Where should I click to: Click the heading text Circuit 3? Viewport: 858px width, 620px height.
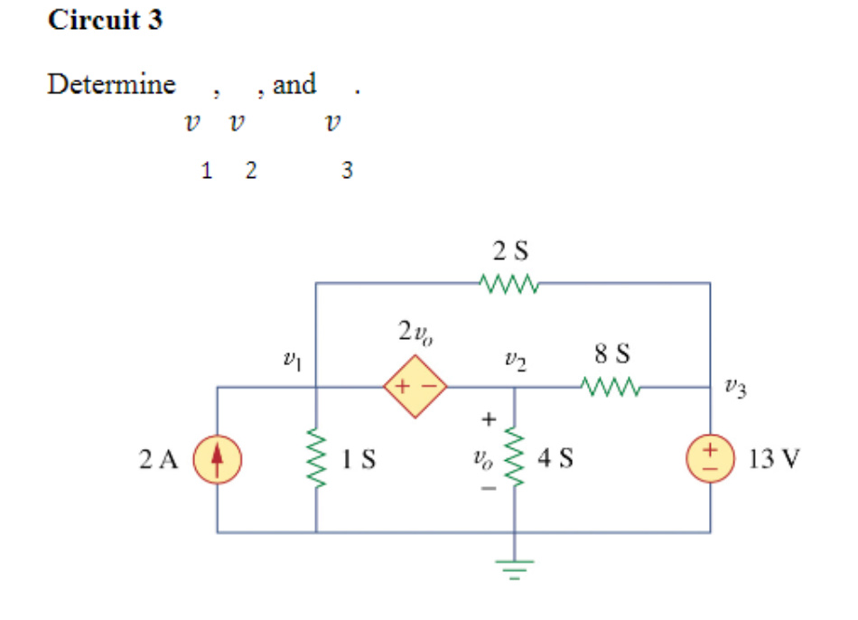105,20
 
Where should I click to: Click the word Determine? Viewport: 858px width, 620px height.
111,85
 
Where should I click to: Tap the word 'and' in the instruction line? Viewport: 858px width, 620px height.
294,85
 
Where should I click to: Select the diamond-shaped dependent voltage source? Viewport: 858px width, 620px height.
415,388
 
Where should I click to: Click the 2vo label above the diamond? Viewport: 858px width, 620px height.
414,333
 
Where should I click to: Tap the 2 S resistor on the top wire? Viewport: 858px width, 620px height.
511,284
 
